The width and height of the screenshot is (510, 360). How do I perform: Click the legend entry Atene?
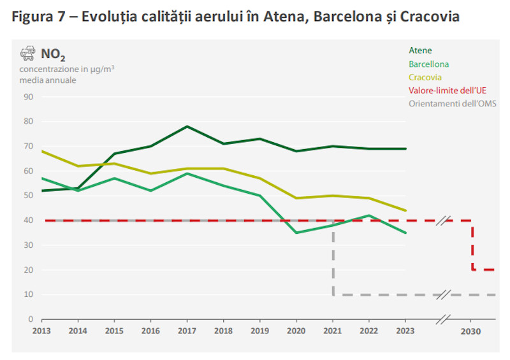(419, 50)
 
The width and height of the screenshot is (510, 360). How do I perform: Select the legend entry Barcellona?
(428, 64)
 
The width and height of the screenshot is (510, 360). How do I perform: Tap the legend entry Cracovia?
(425, 77)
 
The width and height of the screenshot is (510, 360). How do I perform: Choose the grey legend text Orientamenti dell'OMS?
(452, 104)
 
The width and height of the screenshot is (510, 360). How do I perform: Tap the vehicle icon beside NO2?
(27, 54)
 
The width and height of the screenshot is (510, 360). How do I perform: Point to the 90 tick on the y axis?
(28, 97)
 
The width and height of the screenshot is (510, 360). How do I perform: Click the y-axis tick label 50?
(28, 196)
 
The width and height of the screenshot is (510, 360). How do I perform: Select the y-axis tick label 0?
(30, 319)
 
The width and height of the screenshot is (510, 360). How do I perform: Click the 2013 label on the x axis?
(41, 331)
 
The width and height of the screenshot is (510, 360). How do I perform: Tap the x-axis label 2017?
(187, 331)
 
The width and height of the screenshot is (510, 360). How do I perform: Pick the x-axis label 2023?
(405, 331)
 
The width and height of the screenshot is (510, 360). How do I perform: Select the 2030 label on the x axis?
(471, 331)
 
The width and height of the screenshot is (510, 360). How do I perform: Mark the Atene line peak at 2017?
(187, 126)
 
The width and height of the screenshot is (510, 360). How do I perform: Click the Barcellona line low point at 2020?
(296, 233)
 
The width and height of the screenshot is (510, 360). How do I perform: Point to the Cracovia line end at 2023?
(405, 210)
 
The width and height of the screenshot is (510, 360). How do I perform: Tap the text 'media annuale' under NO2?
(47, 80)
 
